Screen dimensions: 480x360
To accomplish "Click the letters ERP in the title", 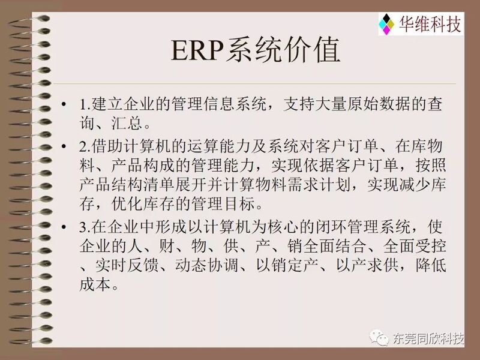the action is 197,50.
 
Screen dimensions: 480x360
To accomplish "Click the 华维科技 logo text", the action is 430,24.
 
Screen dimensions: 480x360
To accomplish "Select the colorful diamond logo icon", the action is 386,24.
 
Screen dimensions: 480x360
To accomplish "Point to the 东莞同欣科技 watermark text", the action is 428,338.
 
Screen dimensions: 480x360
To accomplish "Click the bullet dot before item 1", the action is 64,104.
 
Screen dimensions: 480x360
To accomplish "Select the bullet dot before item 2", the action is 64,146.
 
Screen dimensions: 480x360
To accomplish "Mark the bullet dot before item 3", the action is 64,227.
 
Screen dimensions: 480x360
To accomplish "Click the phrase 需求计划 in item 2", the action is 319,185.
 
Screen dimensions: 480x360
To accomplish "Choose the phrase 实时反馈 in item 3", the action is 127,265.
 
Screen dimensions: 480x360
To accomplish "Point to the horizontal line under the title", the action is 254,83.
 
